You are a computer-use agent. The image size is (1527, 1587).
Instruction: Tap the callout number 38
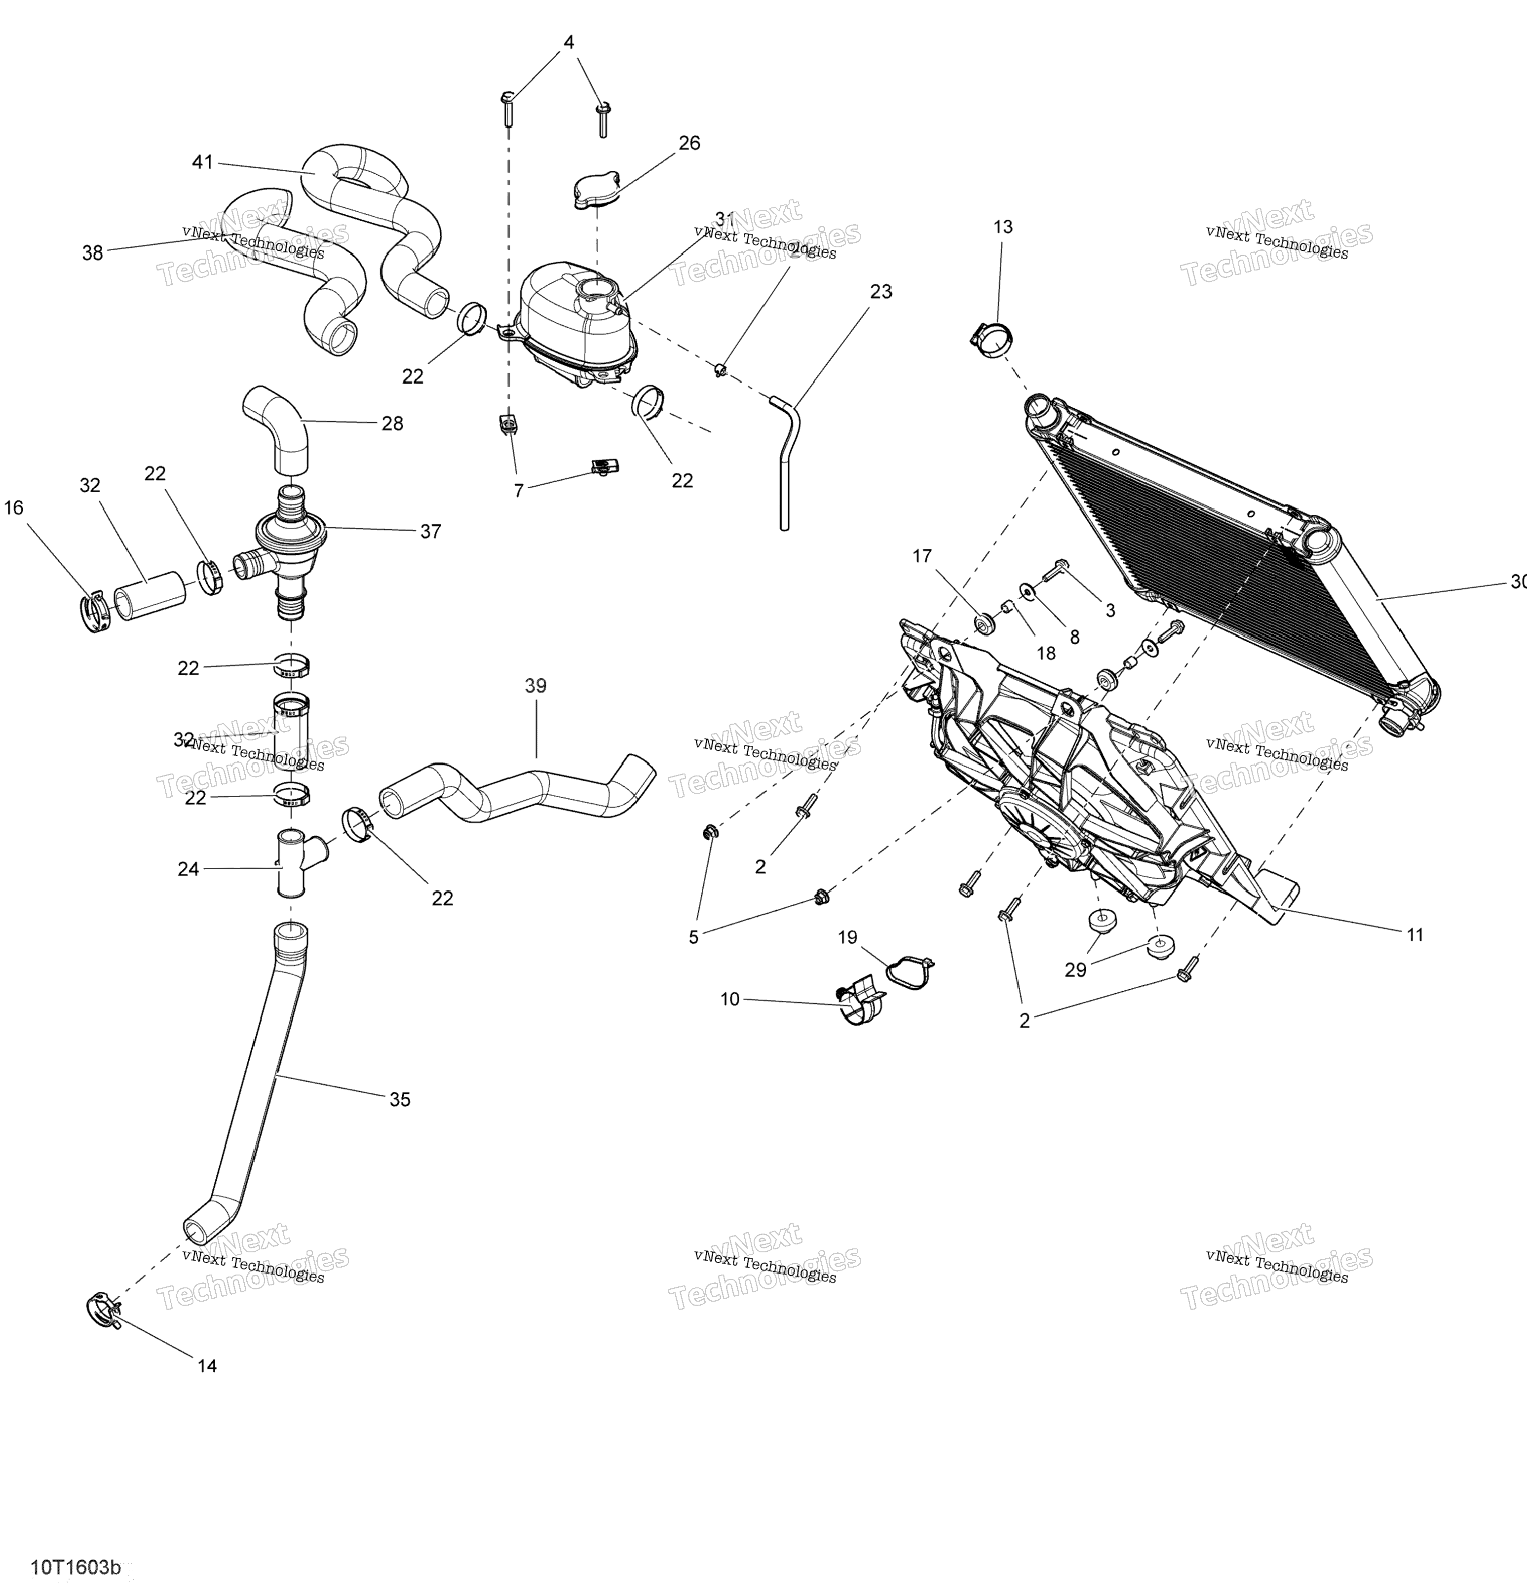click(x=93, y=253)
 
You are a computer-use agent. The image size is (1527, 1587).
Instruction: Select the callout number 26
click(x=689, y=143)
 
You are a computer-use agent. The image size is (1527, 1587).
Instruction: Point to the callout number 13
click(x=1002, y=228)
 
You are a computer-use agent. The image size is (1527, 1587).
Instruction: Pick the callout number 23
click(x=881, y=292)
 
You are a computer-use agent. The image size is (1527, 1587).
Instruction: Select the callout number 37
click(x=431, y=531)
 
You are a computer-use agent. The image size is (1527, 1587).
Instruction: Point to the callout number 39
click(x=535, y=686)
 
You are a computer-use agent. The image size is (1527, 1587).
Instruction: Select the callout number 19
click(x=847, y=937)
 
